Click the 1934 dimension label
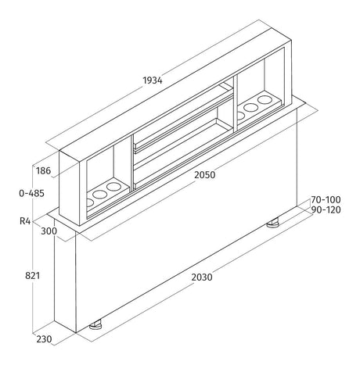(153, 81)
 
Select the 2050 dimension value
(205, 174)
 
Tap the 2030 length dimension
(202, 277)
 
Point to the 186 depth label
(43, 171)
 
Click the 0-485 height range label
(31, 193)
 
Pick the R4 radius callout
(25, 221)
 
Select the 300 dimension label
(49, 231)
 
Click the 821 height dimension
(32, 276)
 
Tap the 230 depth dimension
(44, 339)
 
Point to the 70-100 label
(326, 200)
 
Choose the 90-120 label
(326, 209)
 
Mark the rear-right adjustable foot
(272, 223)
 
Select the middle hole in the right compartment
(251, 107)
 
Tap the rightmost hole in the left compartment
(113, 187)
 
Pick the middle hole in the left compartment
(100, 195)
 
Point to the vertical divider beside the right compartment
(236, 104)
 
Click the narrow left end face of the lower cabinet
(65, 276)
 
